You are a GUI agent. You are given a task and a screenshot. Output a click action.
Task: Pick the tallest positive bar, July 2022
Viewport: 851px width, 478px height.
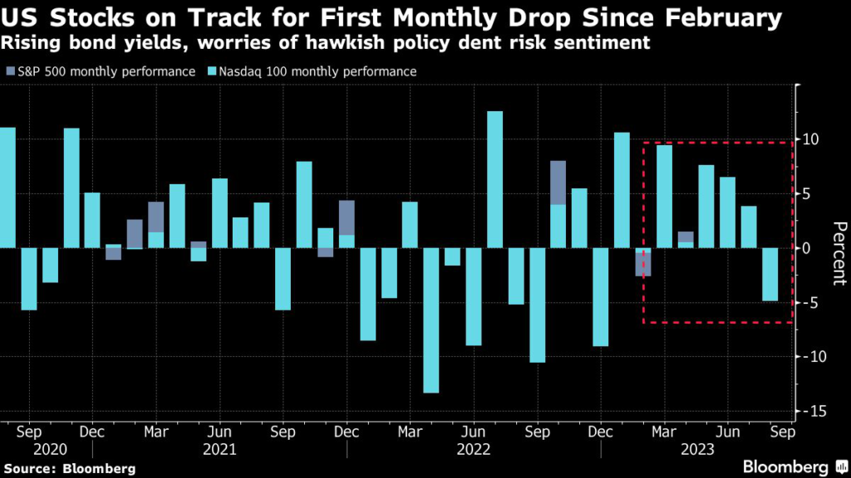point(494,179)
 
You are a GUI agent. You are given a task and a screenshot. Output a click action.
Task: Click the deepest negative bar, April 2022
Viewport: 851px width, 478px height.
point(430,319)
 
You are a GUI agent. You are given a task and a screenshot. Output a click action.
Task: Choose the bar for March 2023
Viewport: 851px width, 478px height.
point(664,196)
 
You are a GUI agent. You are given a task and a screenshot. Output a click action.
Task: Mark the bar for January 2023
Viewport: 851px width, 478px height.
point(622,190)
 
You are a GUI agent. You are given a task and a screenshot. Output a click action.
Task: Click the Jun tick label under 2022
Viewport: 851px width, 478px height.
point(474,432)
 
